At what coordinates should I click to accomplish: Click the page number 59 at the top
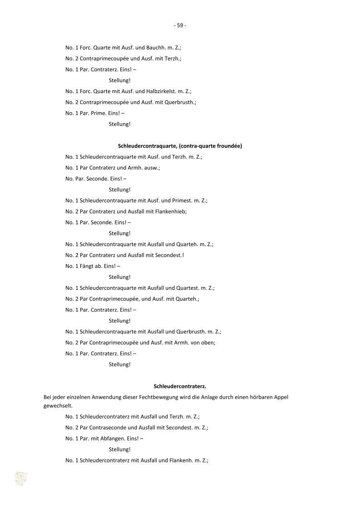coord(180,25)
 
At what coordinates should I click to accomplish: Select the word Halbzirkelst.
coord(162,91)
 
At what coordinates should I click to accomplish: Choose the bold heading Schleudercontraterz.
coord(180,386)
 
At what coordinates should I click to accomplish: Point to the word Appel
coord(280,397)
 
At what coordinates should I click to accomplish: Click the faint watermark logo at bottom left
coord(21,479)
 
